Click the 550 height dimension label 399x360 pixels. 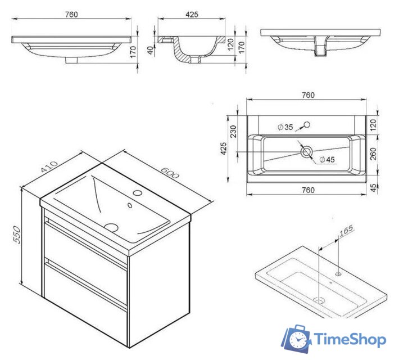[x=17, y=235]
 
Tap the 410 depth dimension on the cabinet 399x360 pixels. [x=49, y=166]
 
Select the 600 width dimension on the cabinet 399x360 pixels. [x=170, y=173]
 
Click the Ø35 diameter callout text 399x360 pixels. [x=285, y=127]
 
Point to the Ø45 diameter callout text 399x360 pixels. [x=327, y=160]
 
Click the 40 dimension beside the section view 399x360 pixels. [x=151, y=50]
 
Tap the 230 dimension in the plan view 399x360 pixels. [x=233, y=132]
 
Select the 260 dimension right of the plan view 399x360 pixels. [x=373, y=154]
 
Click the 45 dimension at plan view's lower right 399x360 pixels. [x=373, y=188]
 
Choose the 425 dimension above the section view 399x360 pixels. [x=192, y=15]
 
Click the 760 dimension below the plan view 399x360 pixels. [x=308, y=190]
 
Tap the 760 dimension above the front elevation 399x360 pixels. [x=71, y=15]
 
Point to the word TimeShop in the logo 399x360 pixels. [x=350, y=339]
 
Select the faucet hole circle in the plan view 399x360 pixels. [x=307, y=124]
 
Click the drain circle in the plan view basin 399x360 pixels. [x=306, y=152]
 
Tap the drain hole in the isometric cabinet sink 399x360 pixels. [x=111, y=227]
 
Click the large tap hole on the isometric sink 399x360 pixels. [x=138, y=193]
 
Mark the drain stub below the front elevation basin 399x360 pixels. [x=71, y=60]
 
